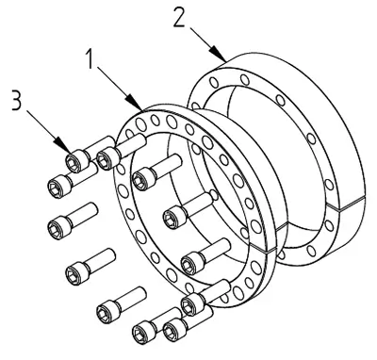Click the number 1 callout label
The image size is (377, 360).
click(90, 58)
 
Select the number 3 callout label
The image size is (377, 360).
click(17, 100)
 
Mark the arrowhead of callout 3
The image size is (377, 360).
click(62, 144)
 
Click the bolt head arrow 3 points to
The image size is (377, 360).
click(76, 161)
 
